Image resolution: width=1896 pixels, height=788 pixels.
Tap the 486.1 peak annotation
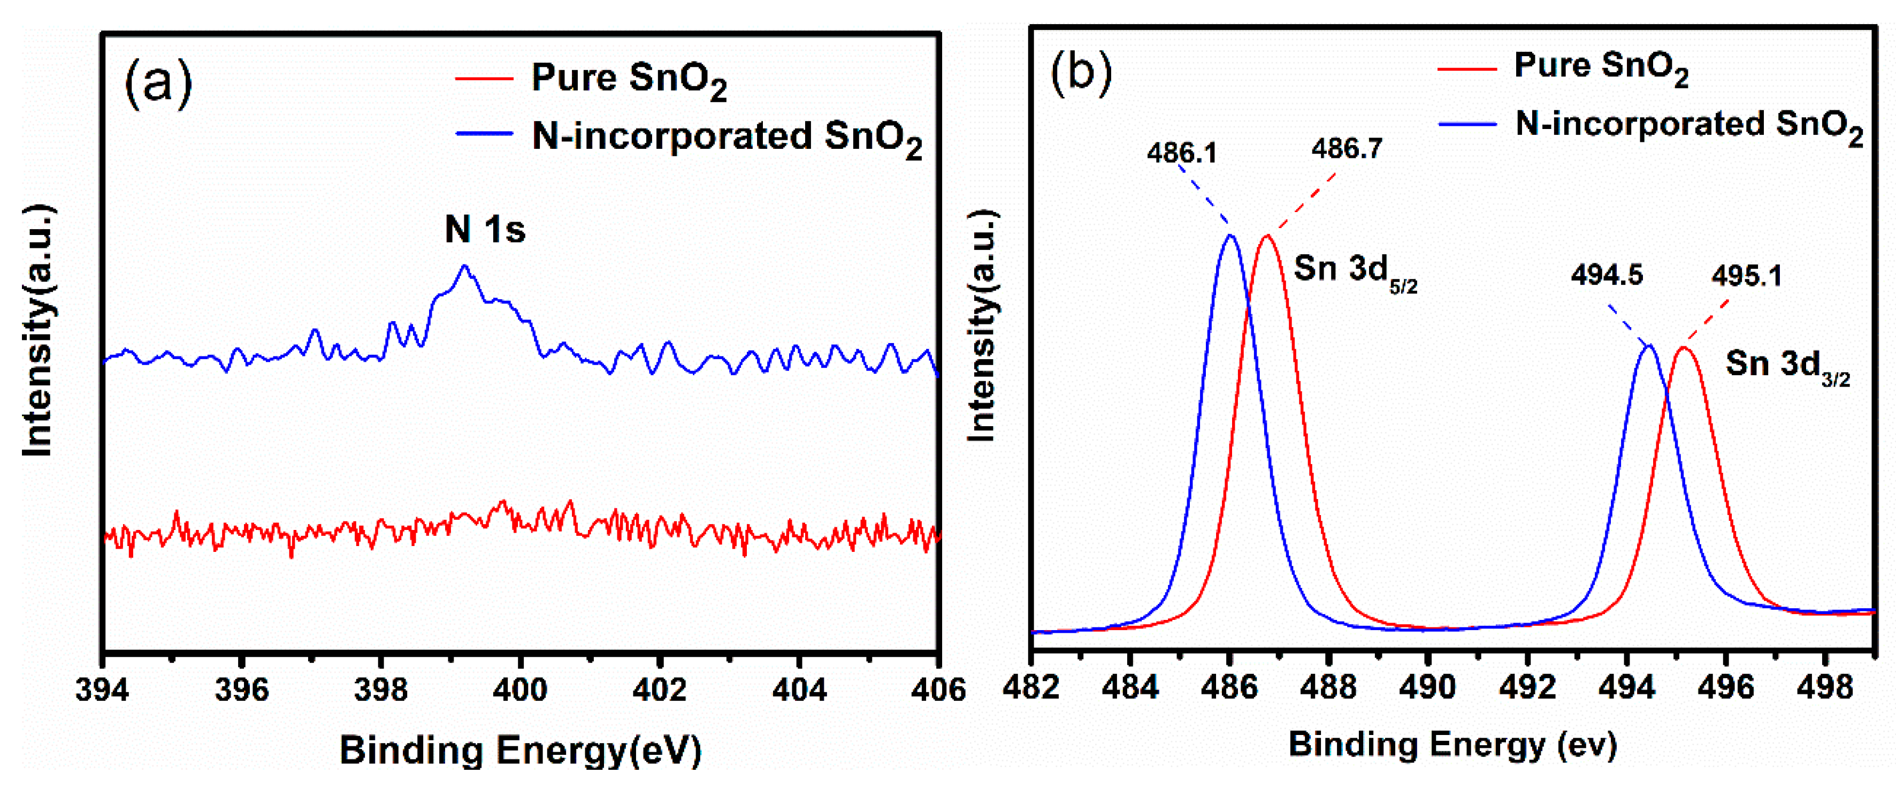point(1181,153)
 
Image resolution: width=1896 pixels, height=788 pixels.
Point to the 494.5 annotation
point(1607,276)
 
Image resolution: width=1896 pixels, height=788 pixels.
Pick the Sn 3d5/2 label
point(1354,270)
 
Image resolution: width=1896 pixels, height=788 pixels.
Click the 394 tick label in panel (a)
point(102,689)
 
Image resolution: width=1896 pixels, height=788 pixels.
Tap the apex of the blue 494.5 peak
point(1649,345)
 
